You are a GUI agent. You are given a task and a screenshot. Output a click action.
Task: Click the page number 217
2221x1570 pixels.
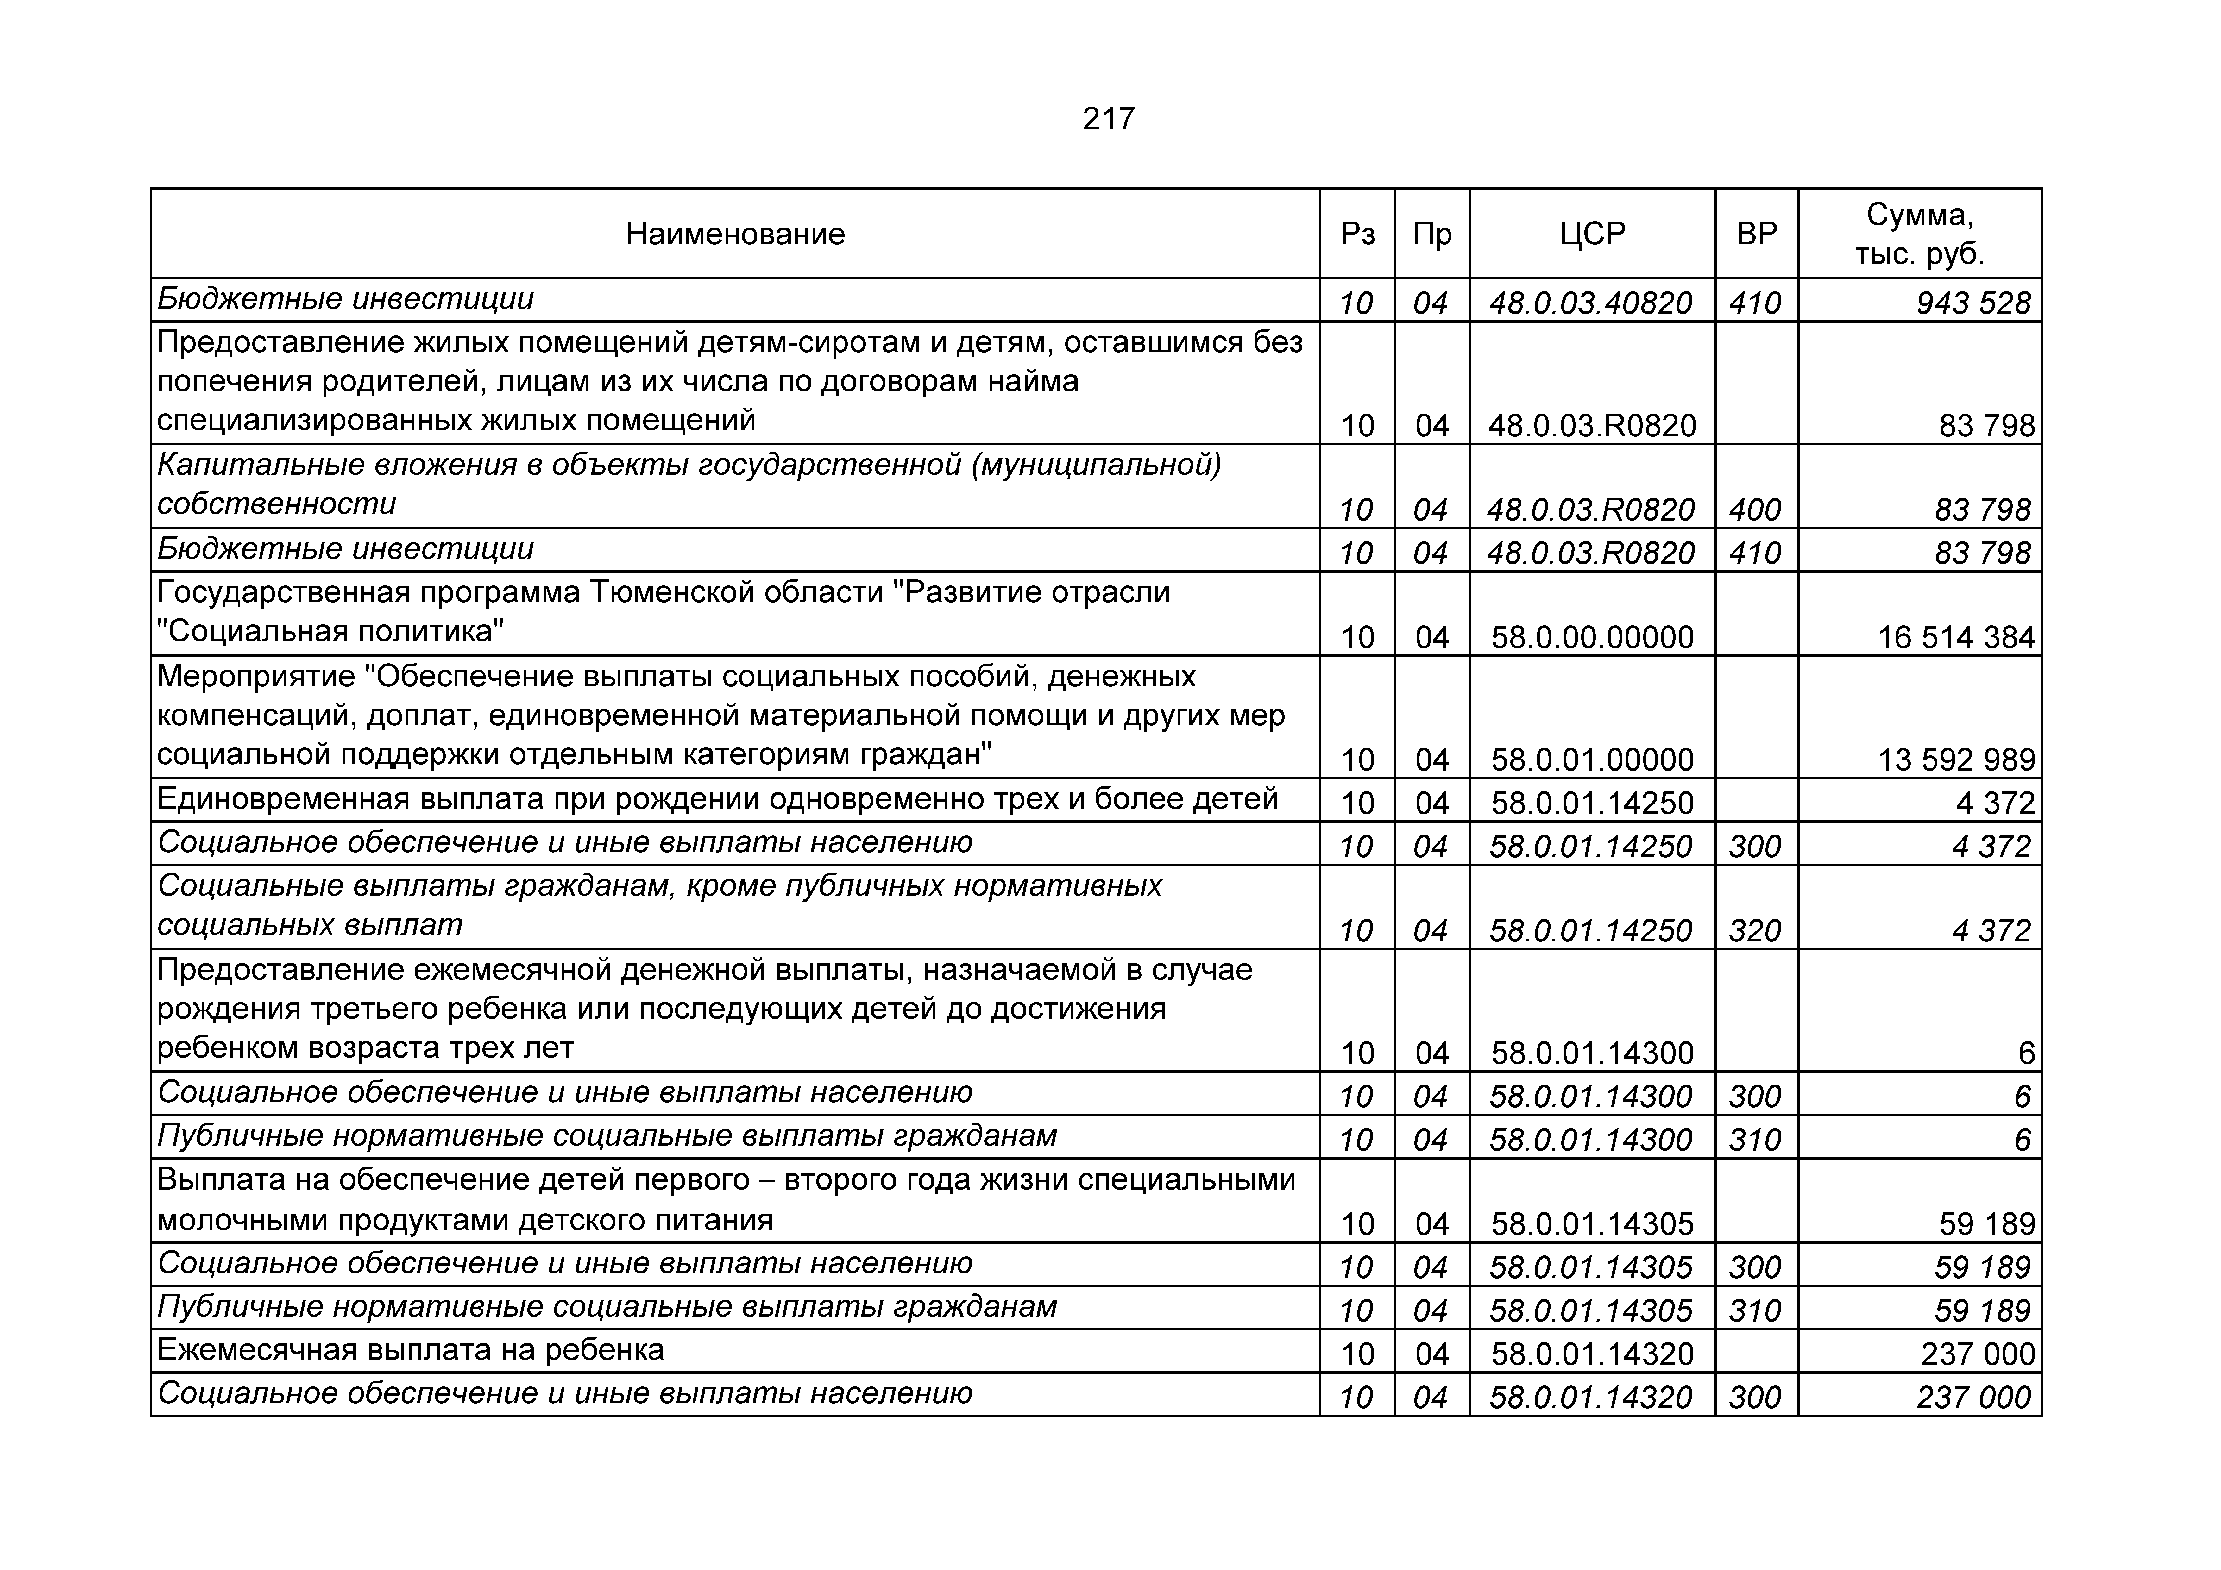pos(1109,119)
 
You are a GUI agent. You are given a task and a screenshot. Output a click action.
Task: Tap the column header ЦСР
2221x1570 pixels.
pos(1592,234)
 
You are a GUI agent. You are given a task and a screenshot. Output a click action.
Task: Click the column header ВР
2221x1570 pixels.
pos(1757,234)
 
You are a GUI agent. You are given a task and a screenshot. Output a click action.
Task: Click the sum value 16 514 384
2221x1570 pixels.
pos(1956,637)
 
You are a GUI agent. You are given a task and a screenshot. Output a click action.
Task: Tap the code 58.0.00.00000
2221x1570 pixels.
pos(1592,637)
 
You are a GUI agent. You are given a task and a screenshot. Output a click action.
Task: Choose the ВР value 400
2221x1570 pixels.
pos(1755,510)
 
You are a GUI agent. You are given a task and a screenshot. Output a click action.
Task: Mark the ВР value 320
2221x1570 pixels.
pos(1755,931)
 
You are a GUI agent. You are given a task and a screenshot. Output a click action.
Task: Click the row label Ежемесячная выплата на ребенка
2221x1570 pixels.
pos(410,1350)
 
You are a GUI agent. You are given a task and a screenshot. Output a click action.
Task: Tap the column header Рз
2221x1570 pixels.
pos(1357,234)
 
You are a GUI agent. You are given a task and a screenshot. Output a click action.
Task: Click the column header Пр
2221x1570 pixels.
pos(1432,234)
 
